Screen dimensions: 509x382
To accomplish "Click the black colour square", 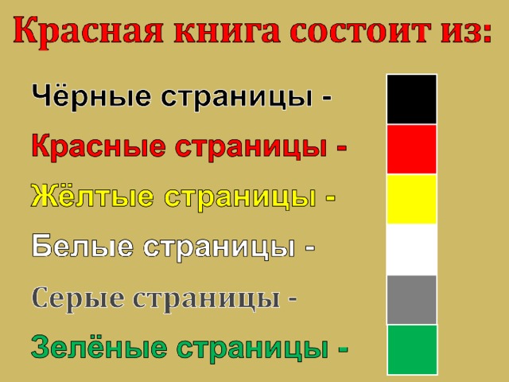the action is coord(412,99).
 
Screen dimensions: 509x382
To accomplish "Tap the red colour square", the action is coord(412,149).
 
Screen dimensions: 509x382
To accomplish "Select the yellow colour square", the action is coord(412,199).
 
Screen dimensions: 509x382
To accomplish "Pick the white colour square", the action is coord(412,249).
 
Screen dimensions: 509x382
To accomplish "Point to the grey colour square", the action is coord(412,299).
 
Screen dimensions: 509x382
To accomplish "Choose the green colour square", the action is coord(412,349).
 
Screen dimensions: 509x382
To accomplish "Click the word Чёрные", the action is coord(91,95).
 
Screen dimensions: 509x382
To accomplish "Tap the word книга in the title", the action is coord(227,32).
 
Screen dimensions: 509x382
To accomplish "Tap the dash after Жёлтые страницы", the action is coord(331,198).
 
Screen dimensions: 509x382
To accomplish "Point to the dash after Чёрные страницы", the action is coord(327,97).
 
